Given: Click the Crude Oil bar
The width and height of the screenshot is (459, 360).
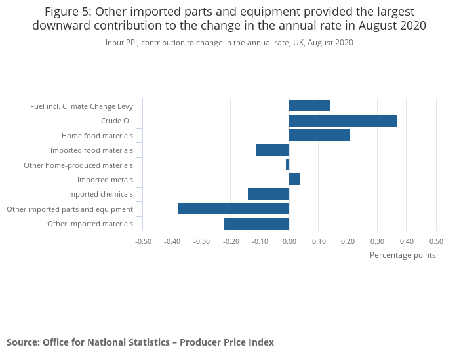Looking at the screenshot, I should click(343, 121).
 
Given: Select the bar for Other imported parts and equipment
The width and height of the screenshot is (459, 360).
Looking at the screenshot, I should click(233, 209).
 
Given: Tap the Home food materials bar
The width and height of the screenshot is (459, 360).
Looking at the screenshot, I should click(319, 135).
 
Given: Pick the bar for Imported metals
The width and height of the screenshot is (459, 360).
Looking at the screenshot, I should click(294, 179).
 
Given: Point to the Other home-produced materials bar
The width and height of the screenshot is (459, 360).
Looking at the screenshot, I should click(287, 165).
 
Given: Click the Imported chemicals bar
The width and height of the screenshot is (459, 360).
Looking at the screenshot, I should click(268, 194).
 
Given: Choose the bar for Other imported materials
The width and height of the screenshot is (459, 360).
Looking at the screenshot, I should click(256, 224).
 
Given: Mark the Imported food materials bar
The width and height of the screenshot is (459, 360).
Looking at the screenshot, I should click(273, 150).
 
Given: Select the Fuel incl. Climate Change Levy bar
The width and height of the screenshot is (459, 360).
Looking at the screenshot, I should click(309, 106).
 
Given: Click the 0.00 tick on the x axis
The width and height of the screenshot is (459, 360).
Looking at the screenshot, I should click(289, 241).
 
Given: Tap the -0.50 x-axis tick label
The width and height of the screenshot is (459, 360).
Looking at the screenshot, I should click(143, 241).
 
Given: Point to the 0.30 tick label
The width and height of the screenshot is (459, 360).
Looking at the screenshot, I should click(377, 241).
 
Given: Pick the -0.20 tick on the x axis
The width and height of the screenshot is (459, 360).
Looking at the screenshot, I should click(231, 241).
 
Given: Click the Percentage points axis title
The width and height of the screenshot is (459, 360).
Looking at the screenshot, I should click(403, 255).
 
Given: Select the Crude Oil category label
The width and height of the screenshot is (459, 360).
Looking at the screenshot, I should click(117, 121).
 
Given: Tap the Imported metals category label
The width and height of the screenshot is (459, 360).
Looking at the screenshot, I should click(105, 180).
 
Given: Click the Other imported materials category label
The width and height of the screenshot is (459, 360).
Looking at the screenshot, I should click(90, 224).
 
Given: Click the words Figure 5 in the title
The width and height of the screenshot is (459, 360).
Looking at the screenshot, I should click(68, 12).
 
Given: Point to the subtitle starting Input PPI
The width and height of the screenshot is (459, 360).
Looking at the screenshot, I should click(229, 43).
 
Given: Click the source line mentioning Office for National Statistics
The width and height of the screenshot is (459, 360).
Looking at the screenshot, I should click(140, 342).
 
